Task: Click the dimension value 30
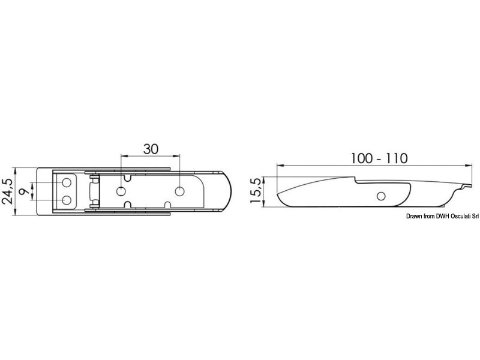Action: [x=151, y=149]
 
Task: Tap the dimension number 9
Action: [x=24, y=192]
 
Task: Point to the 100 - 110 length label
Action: [x=379, y=158]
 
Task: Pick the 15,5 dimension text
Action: [x=256, y=190]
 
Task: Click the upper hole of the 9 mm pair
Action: [x=67, y=183]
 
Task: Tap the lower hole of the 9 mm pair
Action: [x=67, y=200]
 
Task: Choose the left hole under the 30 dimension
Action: [x=121, y=191]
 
